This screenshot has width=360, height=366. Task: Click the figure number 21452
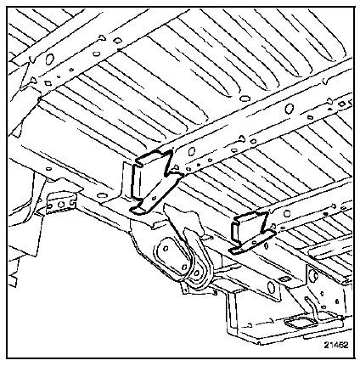[336, 345]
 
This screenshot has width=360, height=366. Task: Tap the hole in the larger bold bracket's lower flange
[154, 198]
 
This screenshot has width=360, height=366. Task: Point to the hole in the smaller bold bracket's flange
[253, 242]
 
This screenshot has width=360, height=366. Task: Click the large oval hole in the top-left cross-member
[49, 59]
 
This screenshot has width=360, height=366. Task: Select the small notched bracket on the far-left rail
[60, 203]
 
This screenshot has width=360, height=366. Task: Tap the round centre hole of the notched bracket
[60, 204]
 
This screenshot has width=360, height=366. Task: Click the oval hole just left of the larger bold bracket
[101, 195]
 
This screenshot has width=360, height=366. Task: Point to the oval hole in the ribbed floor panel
[244, 99]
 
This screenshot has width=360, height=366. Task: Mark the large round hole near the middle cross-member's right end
[289, 109]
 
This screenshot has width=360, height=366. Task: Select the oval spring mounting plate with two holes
[172, 256]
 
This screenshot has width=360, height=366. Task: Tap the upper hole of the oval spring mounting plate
[166, 248]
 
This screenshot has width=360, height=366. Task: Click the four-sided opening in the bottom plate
[301, 323]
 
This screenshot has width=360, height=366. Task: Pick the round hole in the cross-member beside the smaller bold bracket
[287, 213]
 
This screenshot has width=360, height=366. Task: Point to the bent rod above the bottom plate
[310, 308]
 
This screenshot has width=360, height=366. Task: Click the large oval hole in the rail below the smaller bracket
[271, 287]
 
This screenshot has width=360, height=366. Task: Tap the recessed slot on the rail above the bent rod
[284, 279]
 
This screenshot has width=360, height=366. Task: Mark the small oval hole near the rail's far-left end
[48, 169]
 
